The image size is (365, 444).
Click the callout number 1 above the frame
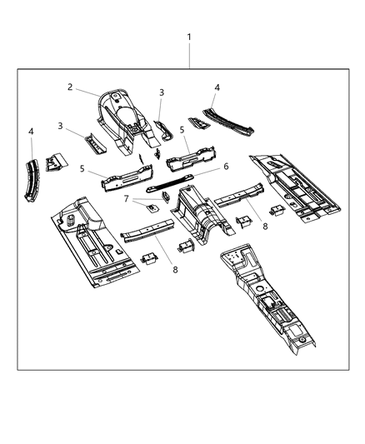(x=189, y=37)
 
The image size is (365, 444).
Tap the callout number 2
(x=71, y=87)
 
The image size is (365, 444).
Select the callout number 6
(x=224, y=166)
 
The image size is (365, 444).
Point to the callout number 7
(x=126, y=198)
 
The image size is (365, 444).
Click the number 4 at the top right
(x=217, y=87)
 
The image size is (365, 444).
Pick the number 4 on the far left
(x=31, y=131)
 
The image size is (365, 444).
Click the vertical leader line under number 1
(x=189, y=57)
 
